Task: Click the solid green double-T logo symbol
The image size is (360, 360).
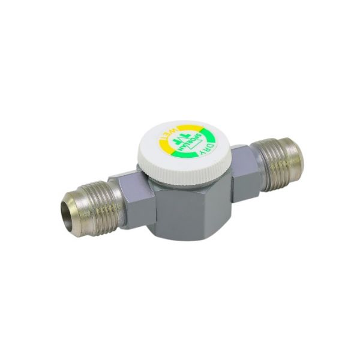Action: click(x=177, y=139)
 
